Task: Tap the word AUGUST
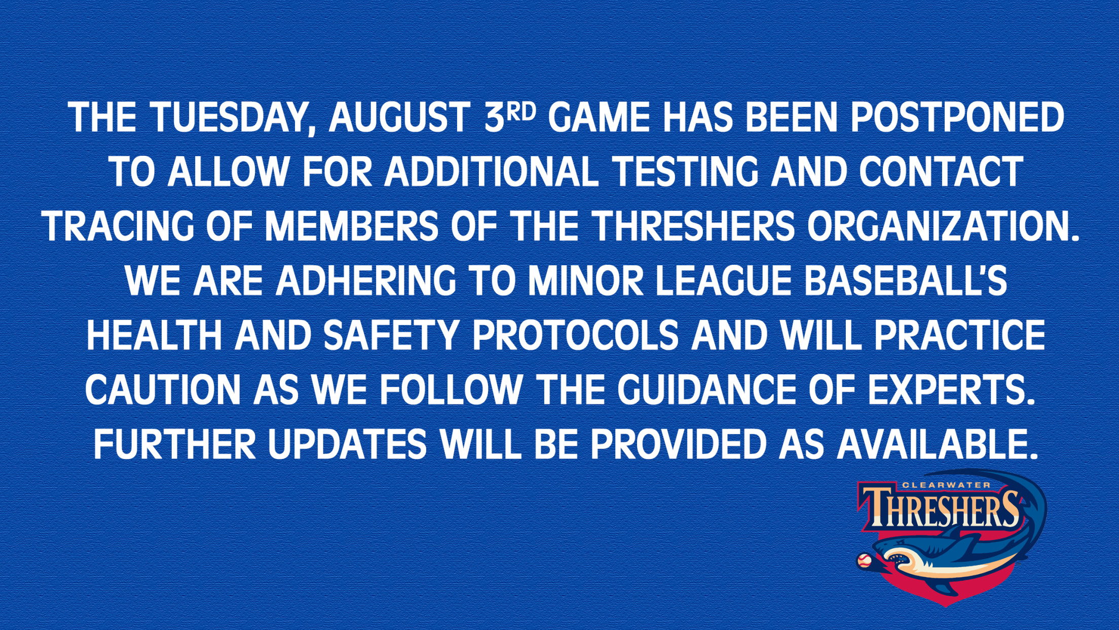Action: pyautogui.click(x=398, y=118)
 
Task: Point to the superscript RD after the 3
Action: pyautogui.click(x=520, y=112)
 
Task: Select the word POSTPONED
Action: pyautogui.click(x=957, y=118)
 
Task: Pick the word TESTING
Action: pyautogui.click(x=686, y=172)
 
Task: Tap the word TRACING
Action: pyautogui.click(x=118, y=226)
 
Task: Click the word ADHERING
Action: pyautogui.click(x=365, y=281)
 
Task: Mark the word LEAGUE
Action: pyautogui.click(x=724, y=281)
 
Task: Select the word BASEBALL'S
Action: pyautogui.click(x=906, y=281)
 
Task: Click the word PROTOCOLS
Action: pyautogui.click(x=575, y=335)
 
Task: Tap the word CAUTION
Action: pyautogui.click(x=163, y=390)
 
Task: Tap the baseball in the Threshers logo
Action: pyautogui.click(x=864, y=561)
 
